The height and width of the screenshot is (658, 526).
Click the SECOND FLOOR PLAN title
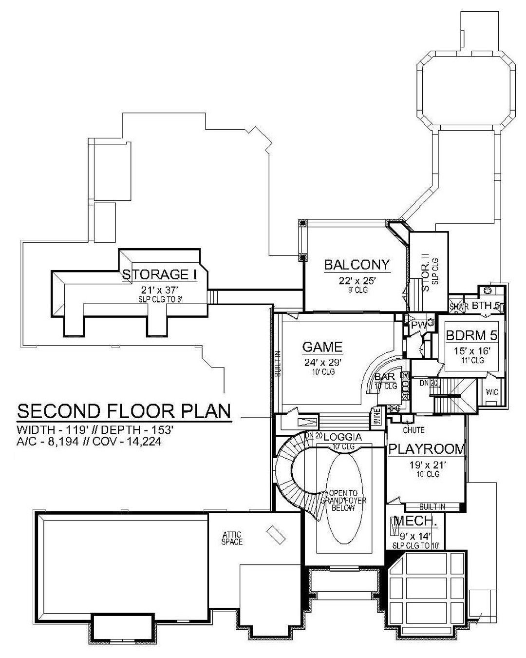pyautogui.click(x=124, y=411)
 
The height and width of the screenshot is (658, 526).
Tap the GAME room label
pyautogui.click(x=322, y=347)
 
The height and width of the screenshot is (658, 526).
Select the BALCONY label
pyautogui.click(x=357, y=265)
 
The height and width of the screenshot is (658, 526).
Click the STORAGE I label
pyautogui.click(x=159, y=274)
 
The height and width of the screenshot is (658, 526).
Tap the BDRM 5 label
pyautogui.click(x=470, y=336)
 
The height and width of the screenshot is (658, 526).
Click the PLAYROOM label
pyautogui.click(x=427, y=449)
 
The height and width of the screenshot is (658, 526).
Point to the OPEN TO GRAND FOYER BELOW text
pyautogui.click(x=337, y=500)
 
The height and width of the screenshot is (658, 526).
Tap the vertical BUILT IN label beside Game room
pyautogui.click(x=277, y=364)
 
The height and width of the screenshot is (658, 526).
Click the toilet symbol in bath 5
pyautogui.click(x=487, y=291)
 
